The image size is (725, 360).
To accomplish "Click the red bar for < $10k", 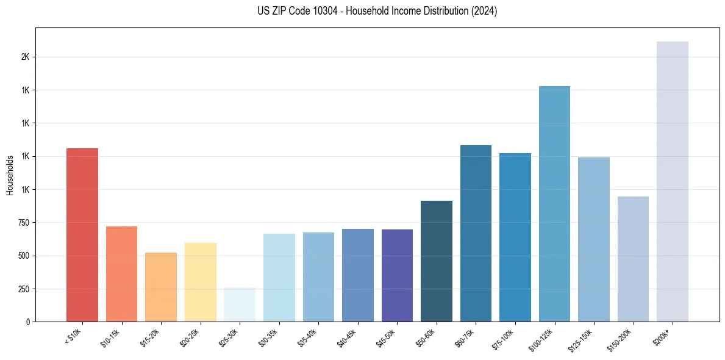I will [82, 235].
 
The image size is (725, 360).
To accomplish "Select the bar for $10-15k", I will [121, 274].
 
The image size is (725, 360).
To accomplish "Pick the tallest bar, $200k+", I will [672, 182].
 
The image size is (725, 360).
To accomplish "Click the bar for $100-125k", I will [554, 204].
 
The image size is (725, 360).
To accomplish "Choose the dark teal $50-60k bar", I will [437, 261].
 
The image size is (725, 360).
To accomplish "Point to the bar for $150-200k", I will [633, 259].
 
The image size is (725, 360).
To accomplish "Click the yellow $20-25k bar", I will [200, 283].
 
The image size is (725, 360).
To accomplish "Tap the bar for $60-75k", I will [476, 233].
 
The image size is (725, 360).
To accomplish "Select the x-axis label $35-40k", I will [307, 337].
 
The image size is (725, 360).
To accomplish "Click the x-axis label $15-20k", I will [150, 337].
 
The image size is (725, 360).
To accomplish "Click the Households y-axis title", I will [10, 175].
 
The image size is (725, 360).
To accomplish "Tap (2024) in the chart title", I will [484, 12].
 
